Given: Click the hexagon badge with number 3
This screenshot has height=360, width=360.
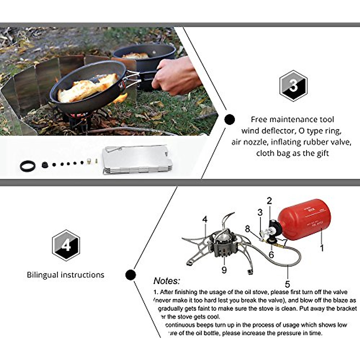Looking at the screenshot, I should [293, 86].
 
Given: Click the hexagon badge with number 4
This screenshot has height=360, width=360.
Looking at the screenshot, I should [66, 245].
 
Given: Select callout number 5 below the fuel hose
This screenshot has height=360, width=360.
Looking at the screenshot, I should [287, 284].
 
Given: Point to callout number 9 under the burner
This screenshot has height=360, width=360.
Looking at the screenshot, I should [224, 270].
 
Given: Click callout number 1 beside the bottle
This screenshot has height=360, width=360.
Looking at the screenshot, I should [322, 248].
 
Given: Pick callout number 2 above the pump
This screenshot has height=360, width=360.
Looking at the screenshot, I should [269, 201].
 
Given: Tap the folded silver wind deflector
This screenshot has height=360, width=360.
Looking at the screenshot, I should [136, 161].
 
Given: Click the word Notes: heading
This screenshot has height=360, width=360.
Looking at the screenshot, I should [167, 281].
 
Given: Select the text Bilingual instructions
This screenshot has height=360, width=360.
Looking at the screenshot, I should [65, 275].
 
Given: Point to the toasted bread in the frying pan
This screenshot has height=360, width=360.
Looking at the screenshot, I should [87, 88].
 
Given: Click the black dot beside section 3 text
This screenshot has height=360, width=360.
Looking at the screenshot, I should [229, 119].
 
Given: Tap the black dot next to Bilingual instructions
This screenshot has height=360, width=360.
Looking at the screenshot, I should [130, 274].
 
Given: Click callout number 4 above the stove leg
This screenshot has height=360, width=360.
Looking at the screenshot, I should [205, 220].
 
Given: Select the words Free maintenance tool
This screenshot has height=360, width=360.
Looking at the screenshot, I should [292, 119].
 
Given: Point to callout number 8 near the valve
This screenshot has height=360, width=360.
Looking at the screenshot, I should [247, 229].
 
